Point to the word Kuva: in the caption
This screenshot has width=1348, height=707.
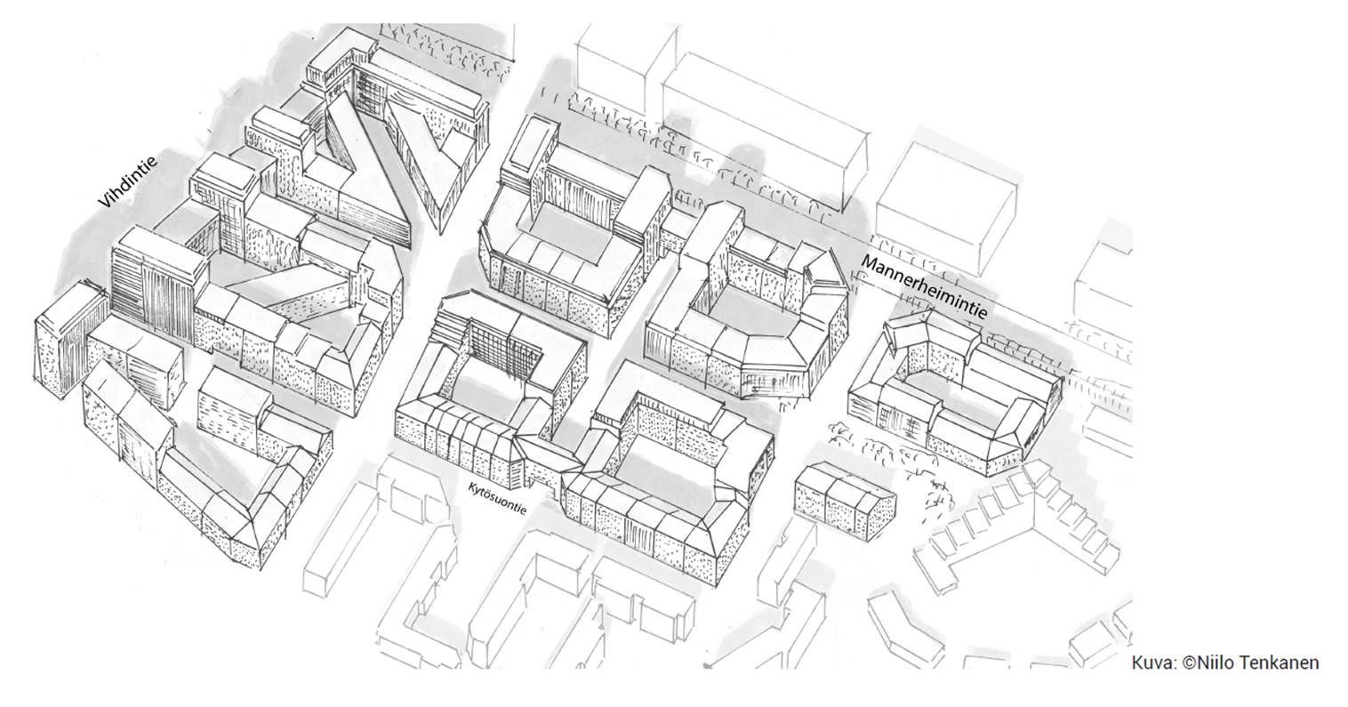pyautogui.click(x=1154, y=663)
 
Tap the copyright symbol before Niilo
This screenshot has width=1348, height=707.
pyautogui.click(x=1189, y=663)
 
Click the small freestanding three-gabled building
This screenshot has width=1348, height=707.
pyautogui.click(x=844, y=495)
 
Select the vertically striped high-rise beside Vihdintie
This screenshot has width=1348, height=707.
pyautogui.click(x=156, y=285)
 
